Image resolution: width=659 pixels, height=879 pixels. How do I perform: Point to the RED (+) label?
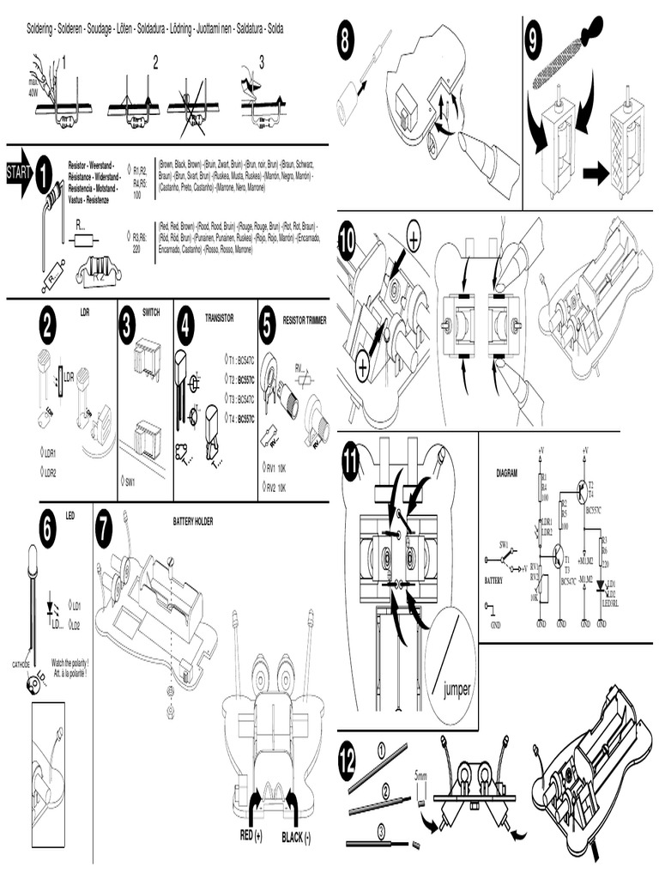[246, 834]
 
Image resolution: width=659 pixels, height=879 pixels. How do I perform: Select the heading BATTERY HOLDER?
[192, 521]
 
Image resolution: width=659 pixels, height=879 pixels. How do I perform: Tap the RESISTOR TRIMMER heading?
[305, 318]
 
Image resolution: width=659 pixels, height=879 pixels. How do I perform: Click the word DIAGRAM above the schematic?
[507, 473]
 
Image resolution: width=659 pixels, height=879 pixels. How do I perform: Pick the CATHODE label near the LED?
[21, 664]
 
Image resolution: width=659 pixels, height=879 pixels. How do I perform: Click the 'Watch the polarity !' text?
[70, 663]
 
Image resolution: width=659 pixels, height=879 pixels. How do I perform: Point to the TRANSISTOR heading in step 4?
[219, 318]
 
